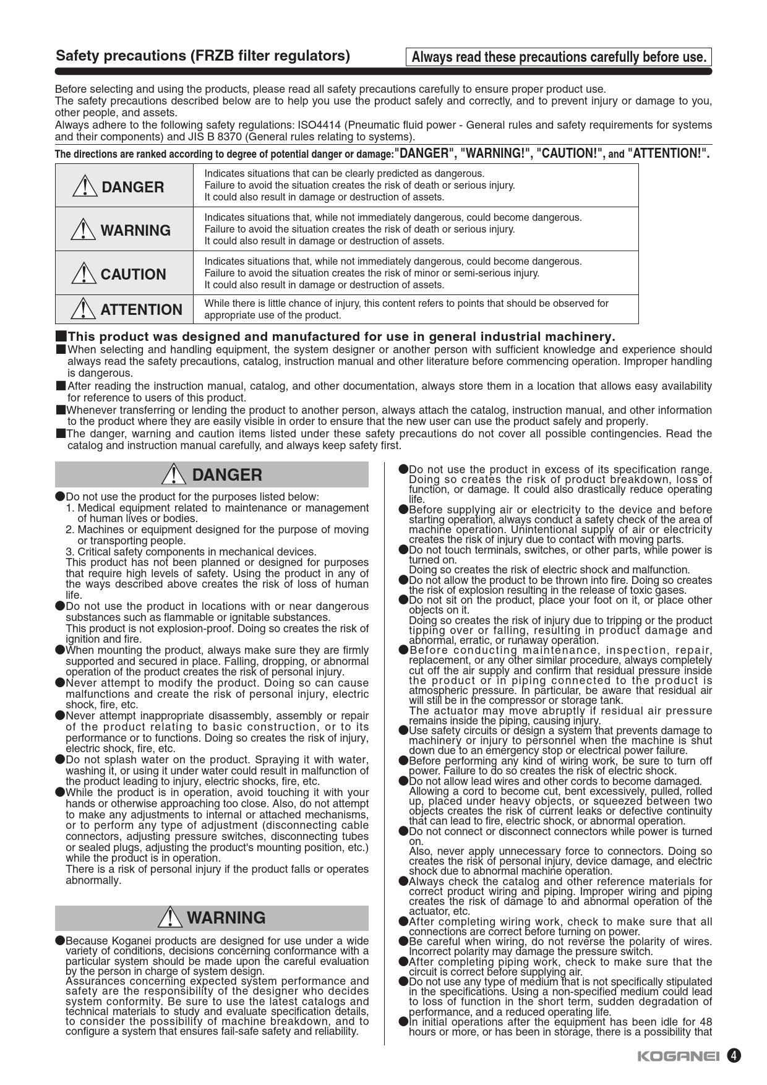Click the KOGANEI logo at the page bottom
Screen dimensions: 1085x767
678,1056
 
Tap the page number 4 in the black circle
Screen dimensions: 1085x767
734,1055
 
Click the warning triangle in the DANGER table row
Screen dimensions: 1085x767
84,187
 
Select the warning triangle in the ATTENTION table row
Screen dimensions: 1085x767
84,309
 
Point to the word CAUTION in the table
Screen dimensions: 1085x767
133,274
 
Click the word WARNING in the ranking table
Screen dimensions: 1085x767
135,230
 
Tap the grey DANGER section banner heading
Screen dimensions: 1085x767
212,475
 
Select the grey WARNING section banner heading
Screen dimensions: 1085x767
212,918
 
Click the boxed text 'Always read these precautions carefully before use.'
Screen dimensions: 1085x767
559,58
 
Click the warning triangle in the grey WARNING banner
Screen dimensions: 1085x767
169,918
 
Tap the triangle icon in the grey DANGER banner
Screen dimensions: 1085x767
174,475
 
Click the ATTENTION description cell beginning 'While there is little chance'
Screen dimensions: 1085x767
406,309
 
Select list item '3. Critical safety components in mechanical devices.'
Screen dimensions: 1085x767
191,552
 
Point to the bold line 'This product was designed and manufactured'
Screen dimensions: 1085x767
341,337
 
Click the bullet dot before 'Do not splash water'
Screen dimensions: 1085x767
60,760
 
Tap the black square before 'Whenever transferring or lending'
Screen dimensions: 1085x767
61,410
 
